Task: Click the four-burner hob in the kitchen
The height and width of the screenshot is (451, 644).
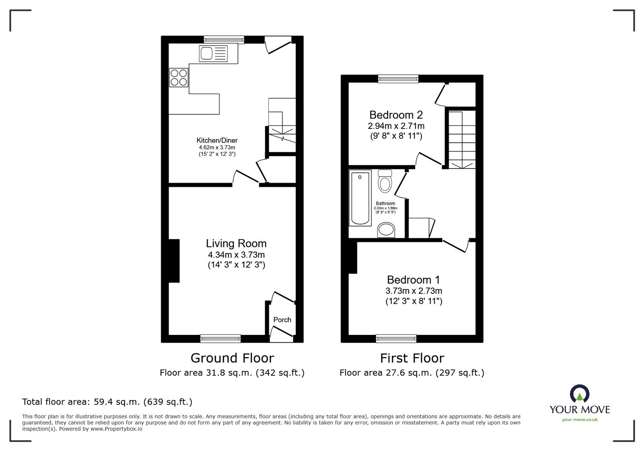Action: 179,77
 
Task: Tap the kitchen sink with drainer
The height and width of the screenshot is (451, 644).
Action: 213,53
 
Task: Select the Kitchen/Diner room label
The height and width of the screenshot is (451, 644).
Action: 217,141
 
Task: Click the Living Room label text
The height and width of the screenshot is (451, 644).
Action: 236,243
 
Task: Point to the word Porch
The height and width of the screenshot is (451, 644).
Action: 282,320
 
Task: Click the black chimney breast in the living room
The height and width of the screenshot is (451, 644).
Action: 174,261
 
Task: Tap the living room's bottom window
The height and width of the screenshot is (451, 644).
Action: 221,339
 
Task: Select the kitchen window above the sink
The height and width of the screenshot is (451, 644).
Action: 224,39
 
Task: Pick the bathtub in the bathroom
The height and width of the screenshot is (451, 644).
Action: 360,198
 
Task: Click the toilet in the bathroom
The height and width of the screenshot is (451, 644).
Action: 385,181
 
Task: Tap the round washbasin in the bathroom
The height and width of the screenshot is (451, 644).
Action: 387,230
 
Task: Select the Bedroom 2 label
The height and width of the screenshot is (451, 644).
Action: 396,115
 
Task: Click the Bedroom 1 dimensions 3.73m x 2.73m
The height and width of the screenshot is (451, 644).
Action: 414,291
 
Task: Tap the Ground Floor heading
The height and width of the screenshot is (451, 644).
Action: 232,358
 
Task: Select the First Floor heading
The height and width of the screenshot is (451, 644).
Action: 412,358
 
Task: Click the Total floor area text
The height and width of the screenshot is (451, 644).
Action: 107,402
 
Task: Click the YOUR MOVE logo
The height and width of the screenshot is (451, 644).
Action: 580,403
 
